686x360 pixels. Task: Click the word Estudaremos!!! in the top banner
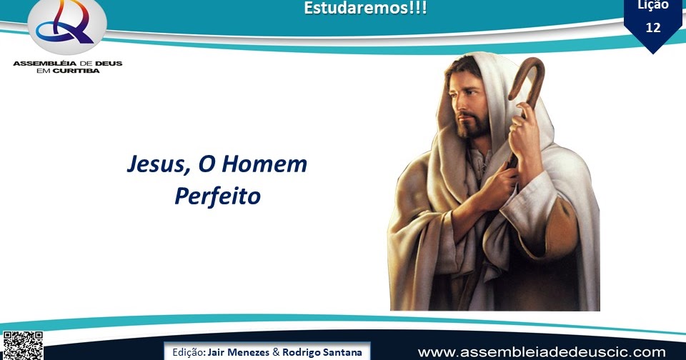365,9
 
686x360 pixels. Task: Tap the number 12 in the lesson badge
652,27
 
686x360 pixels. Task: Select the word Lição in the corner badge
652,6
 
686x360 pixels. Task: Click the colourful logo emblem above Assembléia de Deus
67,27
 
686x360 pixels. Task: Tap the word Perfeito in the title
217,196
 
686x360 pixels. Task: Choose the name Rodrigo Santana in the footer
322,353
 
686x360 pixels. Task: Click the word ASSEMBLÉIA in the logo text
41,63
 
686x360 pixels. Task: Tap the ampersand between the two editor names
276,353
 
